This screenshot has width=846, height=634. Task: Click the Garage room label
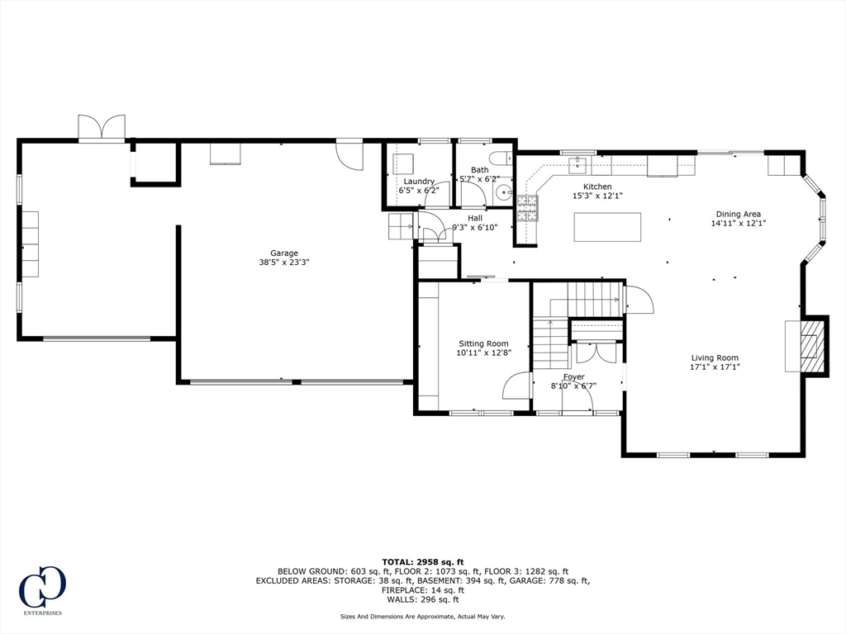coord(284,253)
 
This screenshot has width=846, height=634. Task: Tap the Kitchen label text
coord(597,187)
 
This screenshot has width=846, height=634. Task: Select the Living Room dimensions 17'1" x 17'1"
coord(715,367)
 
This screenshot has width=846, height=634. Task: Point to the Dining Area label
coord(738,214)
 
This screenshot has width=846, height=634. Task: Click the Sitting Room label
coord(483,343)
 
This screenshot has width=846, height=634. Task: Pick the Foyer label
coord(573,376)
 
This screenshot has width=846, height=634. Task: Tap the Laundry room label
coord(419,182)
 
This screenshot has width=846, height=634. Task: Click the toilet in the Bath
coord(498,158)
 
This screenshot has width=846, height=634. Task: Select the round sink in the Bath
coord(503,192)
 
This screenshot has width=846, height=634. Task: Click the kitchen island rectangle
coord(607,227)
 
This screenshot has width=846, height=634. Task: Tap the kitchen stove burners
coord(528,209)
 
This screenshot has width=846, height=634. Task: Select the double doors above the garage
coord(102,127)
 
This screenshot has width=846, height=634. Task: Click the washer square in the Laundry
coord(402,163)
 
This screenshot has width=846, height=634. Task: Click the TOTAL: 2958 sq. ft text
coord(423,561)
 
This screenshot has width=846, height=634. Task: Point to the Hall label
coord(475,218)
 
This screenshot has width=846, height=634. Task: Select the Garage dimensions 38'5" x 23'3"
coord(284,263)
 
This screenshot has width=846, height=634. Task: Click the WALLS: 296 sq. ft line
coord(423,599)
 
